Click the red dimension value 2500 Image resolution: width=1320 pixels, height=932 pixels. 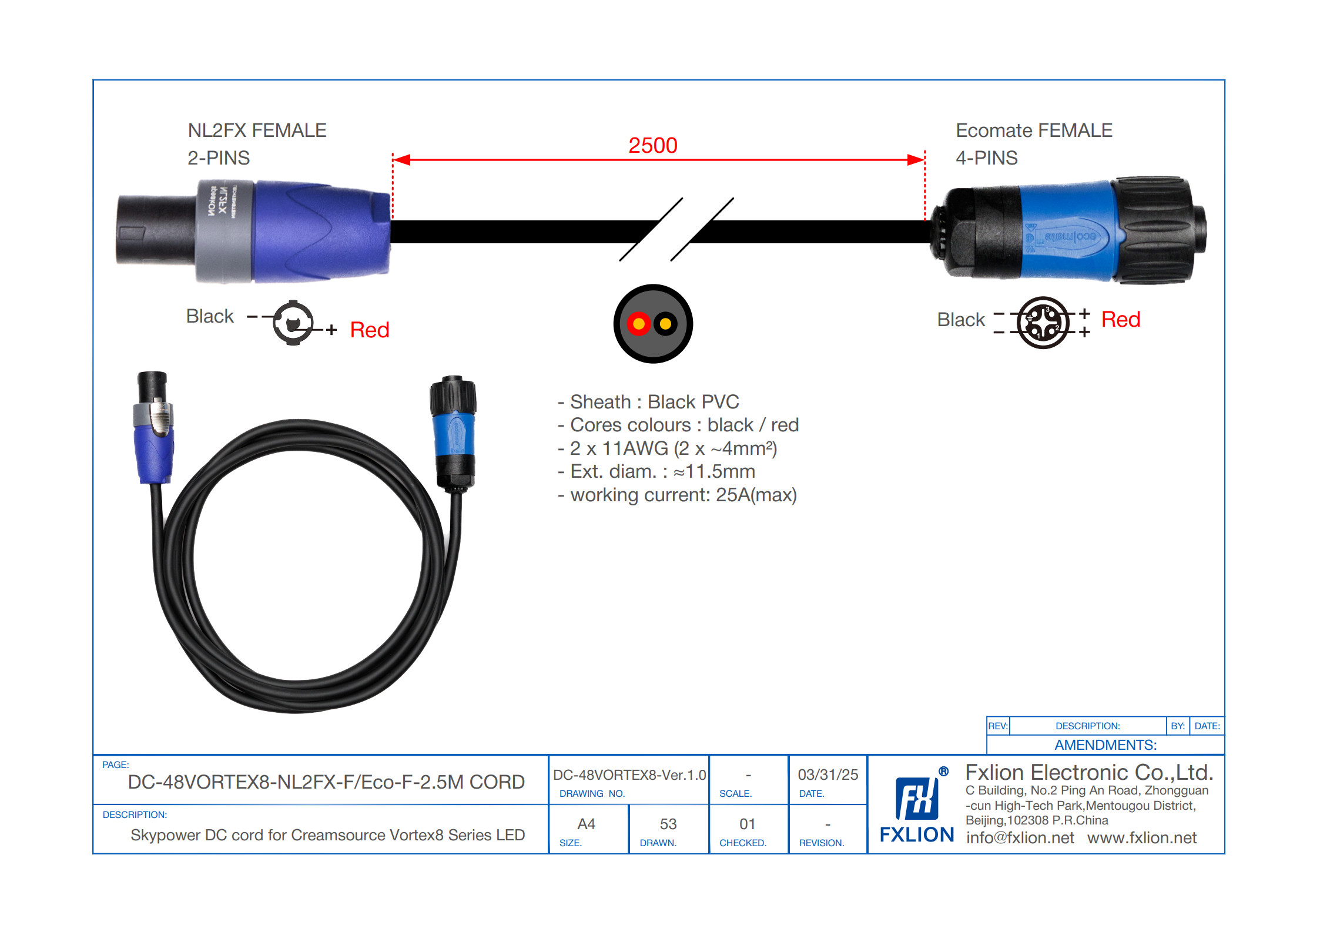click(652, 145)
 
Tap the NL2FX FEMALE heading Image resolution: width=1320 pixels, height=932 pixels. click(257, 130)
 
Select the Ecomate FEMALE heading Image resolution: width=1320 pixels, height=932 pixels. click(1034, 130)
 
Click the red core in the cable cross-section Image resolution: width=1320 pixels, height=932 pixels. click(638, 324)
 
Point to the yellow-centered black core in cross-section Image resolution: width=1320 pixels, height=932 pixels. click(666, 324)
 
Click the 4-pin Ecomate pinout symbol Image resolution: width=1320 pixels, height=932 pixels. click(1043, 323)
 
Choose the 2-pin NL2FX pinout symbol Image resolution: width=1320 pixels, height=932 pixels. click(293, 323)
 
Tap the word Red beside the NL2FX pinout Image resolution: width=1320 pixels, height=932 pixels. click(369, 330)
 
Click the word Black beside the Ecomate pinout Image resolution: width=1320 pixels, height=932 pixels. click(960, 320)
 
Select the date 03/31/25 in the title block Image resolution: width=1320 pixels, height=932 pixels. click(827, 775)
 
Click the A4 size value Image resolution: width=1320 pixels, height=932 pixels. click(586, 824)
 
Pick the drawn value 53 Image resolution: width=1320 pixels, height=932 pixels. click(668, 824)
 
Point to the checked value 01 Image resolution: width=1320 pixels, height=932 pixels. click(747, 824)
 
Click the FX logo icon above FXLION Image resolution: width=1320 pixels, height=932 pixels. click(916, 798)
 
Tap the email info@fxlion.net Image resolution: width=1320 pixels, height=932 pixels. click(1020, 837)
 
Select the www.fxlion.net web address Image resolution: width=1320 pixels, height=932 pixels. click(1141, 837)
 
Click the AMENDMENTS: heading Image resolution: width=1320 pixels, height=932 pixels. click(1105, 745)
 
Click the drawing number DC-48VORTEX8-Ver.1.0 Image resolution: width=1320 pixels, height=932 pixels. click(629, 775)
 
